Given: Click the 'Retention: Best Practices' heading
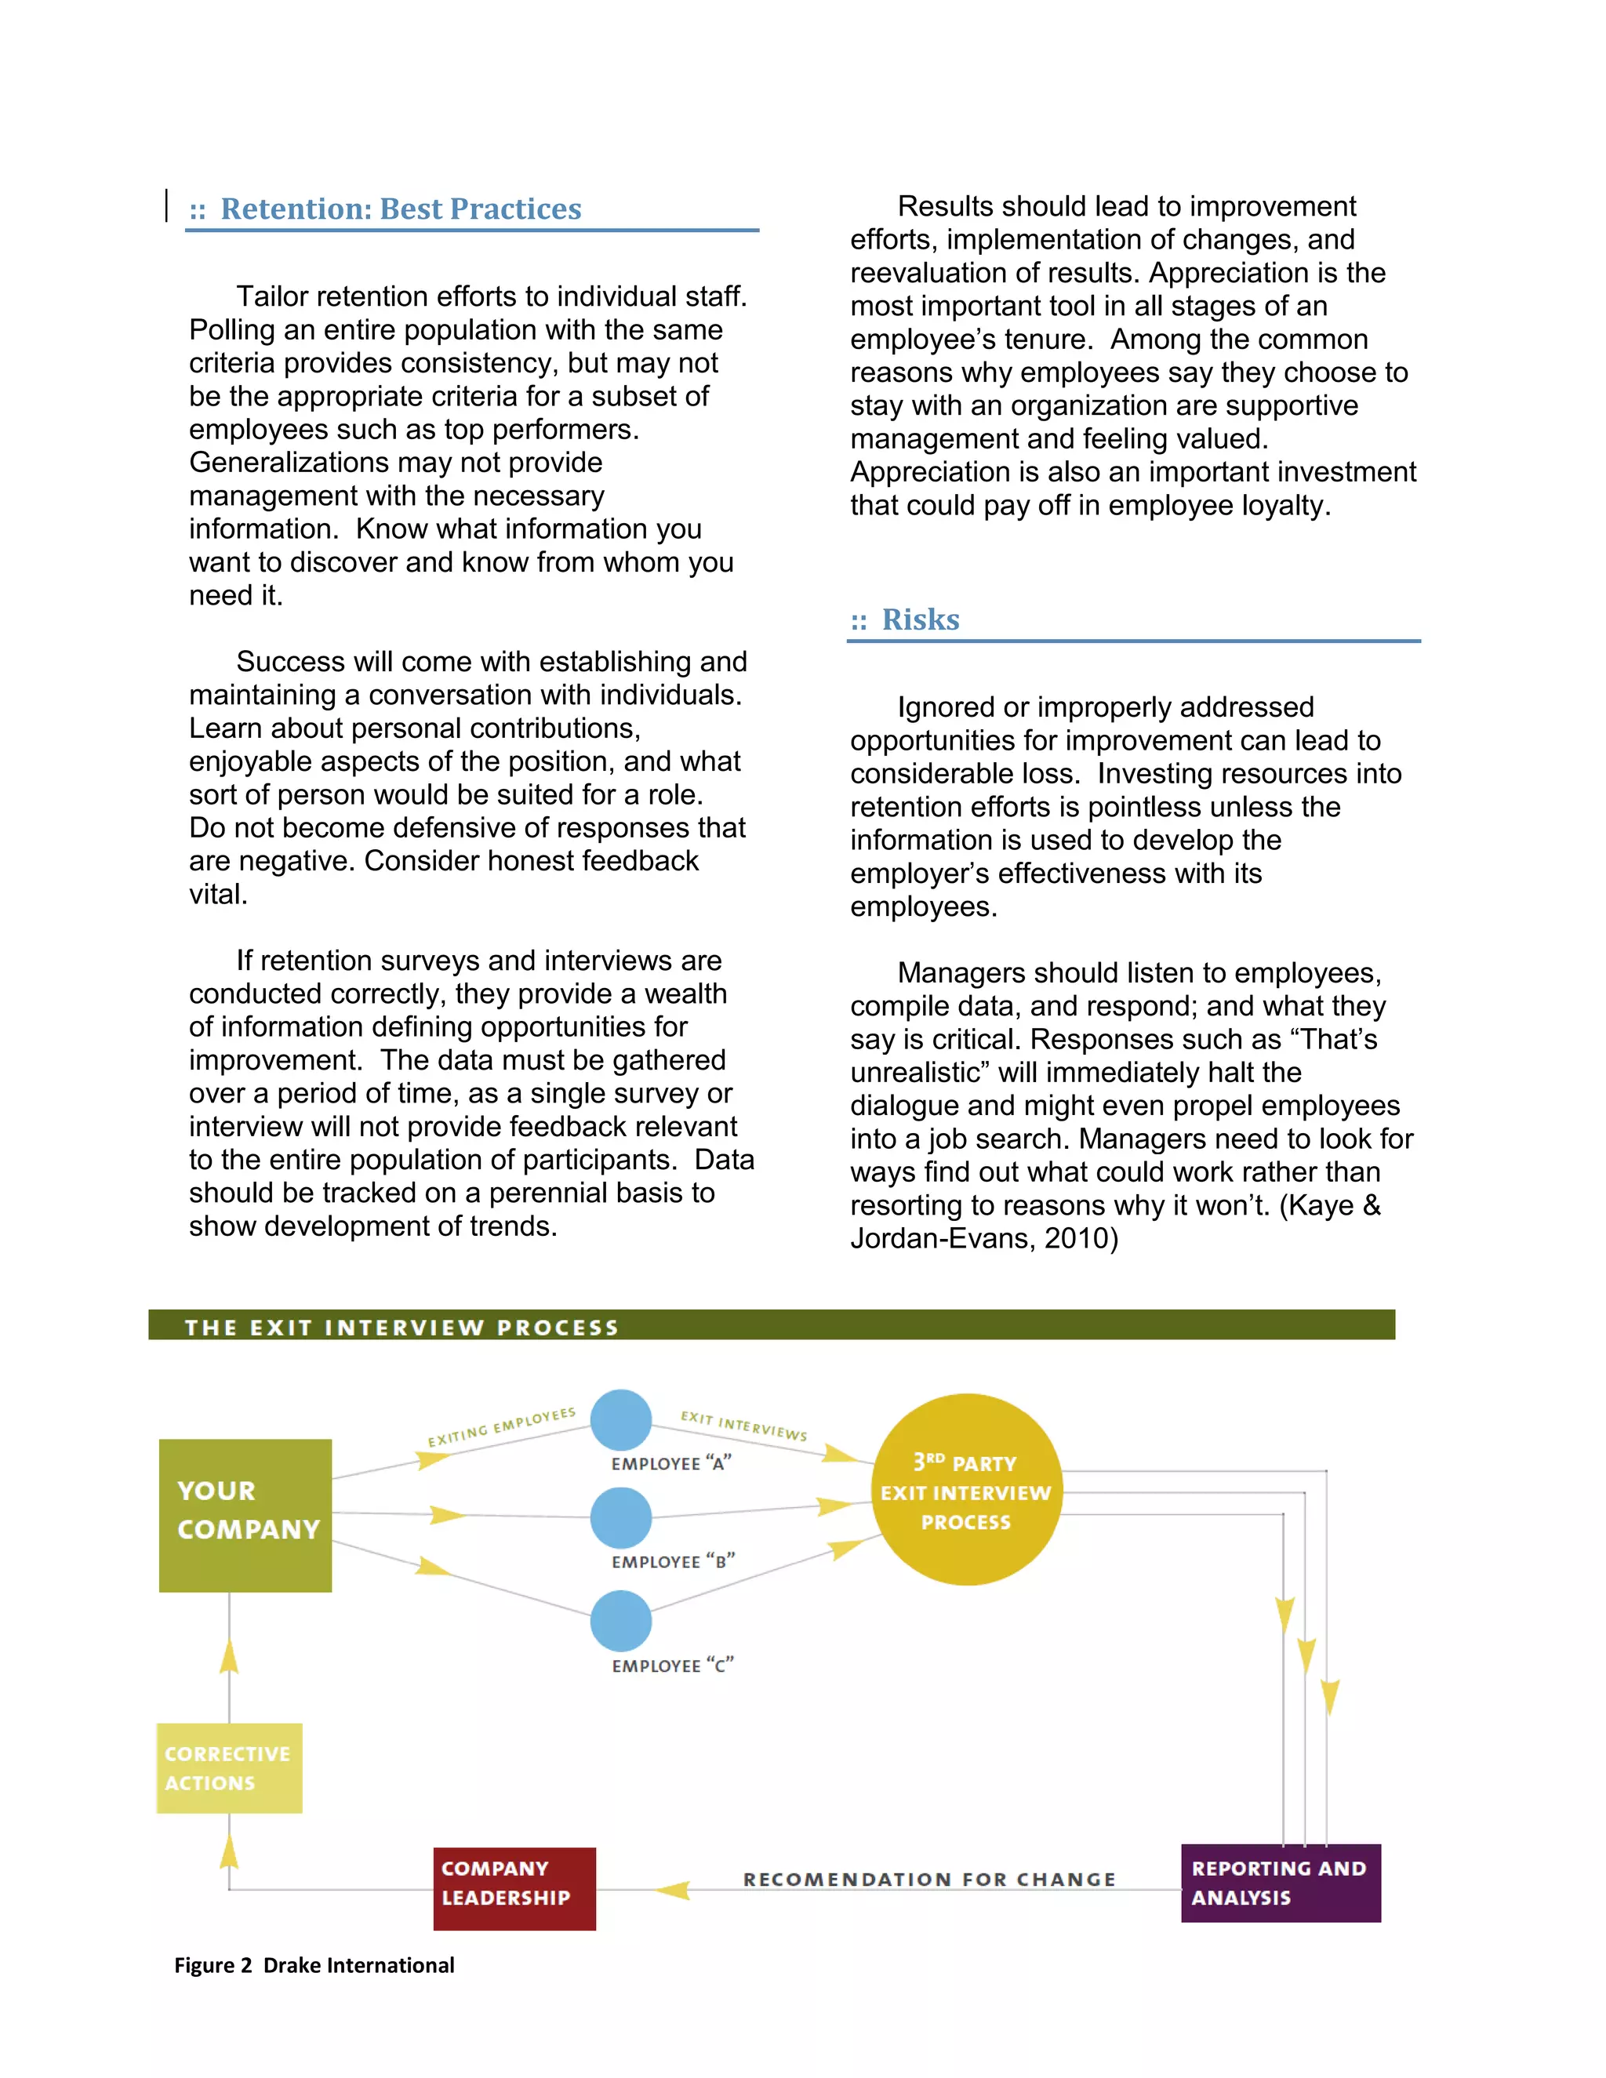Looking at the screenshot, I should [400, 209].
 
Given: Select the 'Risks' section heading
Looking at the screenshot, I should [919, 619].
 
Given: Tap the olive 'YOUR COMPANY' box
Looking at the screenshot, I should [245, 1515].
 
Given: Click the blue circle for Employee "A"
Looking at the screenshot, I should [620, 1419].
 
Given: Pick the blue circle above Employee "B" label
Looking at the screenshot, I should [620, 1517].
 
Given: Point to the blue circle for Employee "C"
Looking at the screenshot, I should [620, 1622].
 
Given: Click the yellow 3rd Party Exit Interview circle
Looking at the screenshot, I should [965, 1490].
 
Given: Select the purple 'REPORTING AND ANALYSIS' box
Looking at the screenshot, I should [1280, 1883].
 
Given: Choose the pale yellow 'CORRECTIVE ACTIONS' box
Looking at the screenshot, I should [229, 1767].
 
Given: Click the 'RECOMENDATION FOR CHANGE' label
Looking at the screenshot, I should [928, 1879].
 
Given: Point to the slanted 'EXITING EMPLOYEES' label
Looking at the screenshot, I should [501, 1426].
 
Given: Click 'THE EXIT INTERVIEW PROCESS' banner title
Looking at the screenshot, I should [401, 1328].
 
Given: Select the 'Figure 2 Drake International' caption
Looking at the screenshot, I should [314, 1966].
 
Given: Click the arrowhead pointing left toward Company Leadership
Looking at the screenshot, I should [673, 1891].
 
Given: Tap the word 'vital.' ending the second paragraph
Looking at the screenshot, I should [218, 895].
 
